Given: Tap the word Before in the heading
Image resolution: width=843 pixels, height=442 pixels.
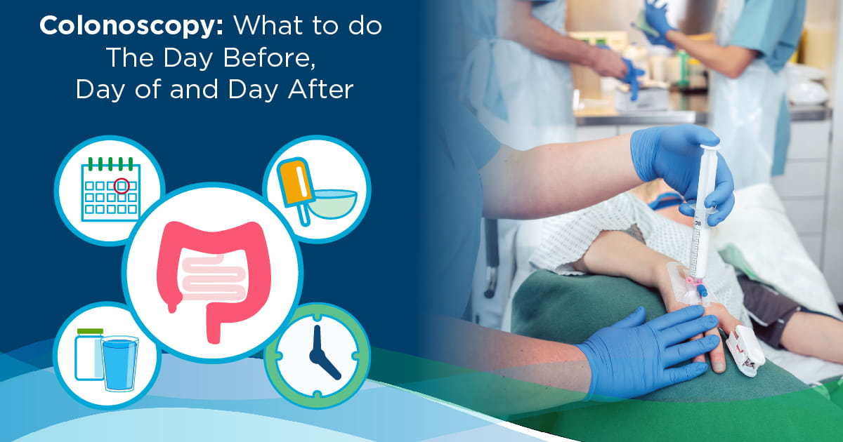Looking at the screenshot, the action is coord(270,58).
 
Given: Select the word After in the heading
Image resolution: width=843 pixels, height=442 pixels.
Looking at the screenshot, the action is coord(320,90).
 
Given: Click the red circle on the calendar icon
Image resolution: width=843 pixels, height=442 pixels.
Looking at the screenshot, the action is coord(122,186).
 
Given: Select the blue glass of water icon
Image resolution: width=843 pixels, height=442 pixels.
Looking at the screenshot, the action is coord(119,363).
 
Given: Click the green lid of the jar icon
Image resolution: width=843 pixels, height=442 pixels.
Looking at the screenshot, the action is coord(90,331).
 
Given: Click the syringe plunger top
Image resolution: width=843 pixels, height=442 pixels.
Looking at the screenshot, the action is coord(710,146).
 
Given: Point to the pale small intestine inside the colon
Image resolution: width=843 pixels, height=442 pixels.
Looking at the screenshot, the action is coord(214,277).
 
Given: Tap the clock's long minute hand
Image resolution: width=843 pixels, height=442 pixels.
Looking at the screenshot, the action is coord(317,340).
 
